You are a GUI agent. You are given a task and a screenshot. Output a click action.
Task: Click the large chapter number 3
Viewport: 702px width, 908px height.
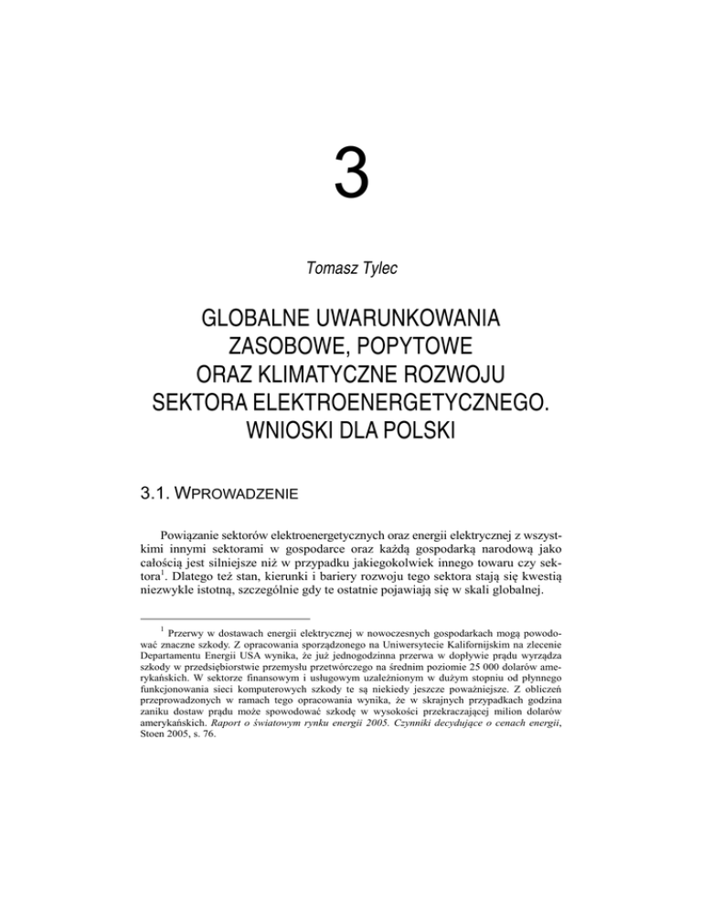pyautogui.click(x=350, y=178)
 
